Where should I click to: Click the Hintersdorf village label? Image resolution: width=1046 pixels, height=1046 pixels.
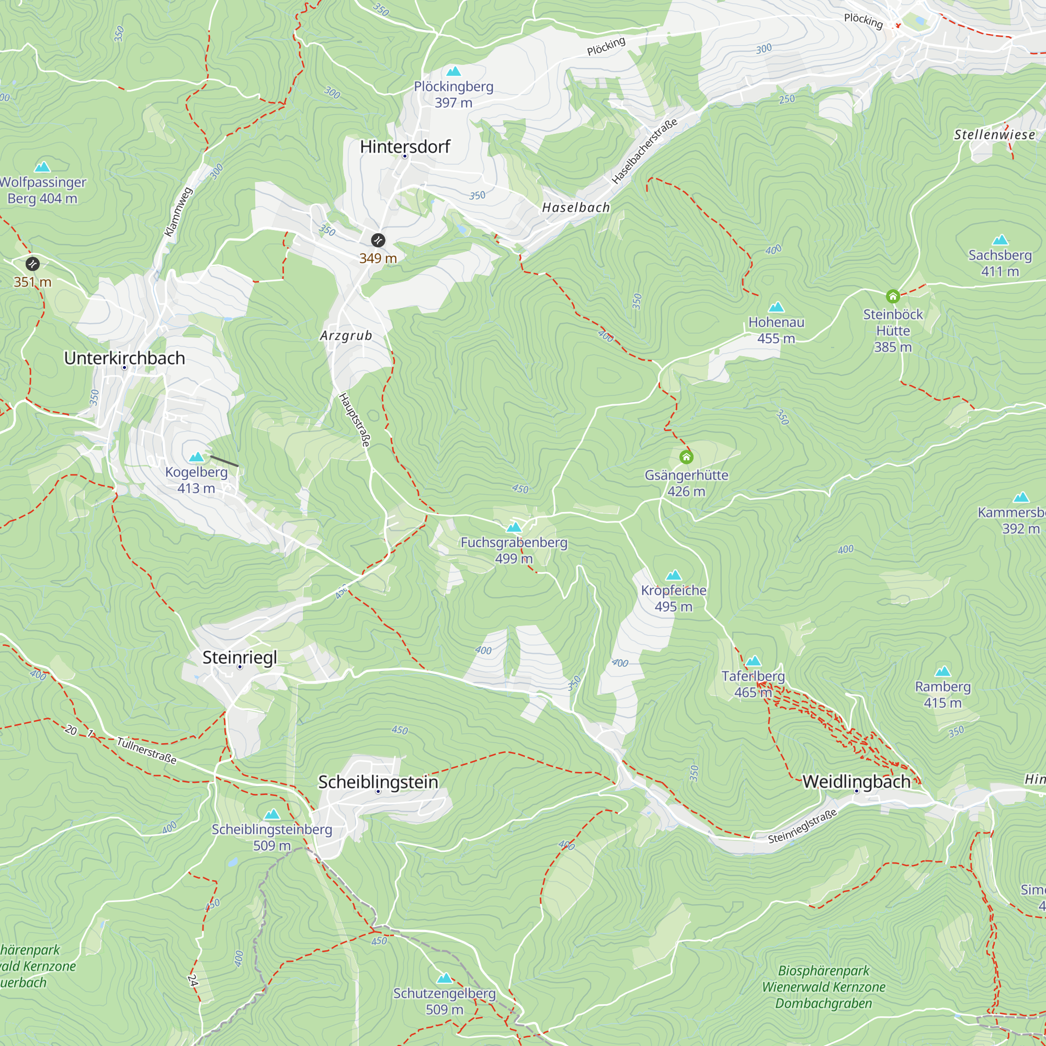tap(405, 147)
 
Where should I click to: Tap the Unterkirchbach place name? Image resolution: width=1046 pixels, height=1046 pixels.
tap(124, 358)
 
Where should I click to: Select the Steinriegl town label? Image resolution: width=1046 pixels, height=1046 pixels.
tap(240, 657)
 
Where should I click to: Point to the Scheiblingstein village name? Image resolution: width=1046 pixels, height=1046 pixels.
tap(378, 782)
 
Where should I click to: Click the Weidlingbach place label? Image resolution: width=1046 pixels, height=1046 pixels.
tap(856, 781)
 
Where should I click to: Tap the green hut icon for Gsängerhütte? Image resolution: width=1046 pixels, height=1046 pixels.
tap(686, 458)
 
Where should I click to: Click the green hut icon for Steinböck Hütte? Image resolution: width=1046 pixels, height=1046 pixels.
tap(893, 296)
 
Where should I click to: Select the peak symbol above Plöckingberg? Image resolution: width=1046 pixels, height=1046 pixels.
tap(453, 72)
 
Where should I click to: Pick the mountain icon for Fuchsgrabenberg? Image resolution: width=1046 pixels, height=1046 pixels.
tap(514, 527)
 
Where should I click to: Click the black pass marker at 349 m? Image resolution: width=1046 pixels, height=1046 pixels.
tap(378, 240)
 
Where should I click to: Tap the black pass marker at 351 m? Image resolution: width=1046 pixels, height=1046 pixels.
tap(32, 264)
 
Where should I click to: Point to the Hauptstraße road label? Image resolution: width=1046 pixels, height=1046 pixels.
tap(355, 420)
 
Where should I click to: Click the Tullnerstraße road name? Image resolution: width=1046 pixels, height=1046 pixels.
tap(147, 751)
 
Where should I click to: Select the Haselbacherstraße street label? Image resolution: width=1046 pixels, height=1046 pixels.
tap(644, 151)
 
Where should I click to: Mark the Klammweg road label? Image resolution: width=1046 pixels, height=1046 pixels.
tap(178, 212)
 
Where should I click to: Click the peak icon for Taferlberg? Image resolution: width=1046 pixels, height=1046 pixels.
tap(753, 661)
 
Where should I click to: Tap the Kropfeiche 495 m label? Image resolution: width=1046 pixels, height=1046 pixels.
tap(673, 598)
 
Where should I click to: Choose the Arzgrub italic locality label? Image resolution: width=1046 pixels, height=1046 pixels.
tap(346, 336)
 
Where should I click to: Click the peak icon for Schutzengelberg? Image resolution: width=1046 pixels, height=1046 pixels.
tap(445, 978)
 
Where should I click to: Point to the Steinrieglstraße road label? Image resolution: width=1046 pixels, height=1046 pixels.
tap(802, 826)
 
